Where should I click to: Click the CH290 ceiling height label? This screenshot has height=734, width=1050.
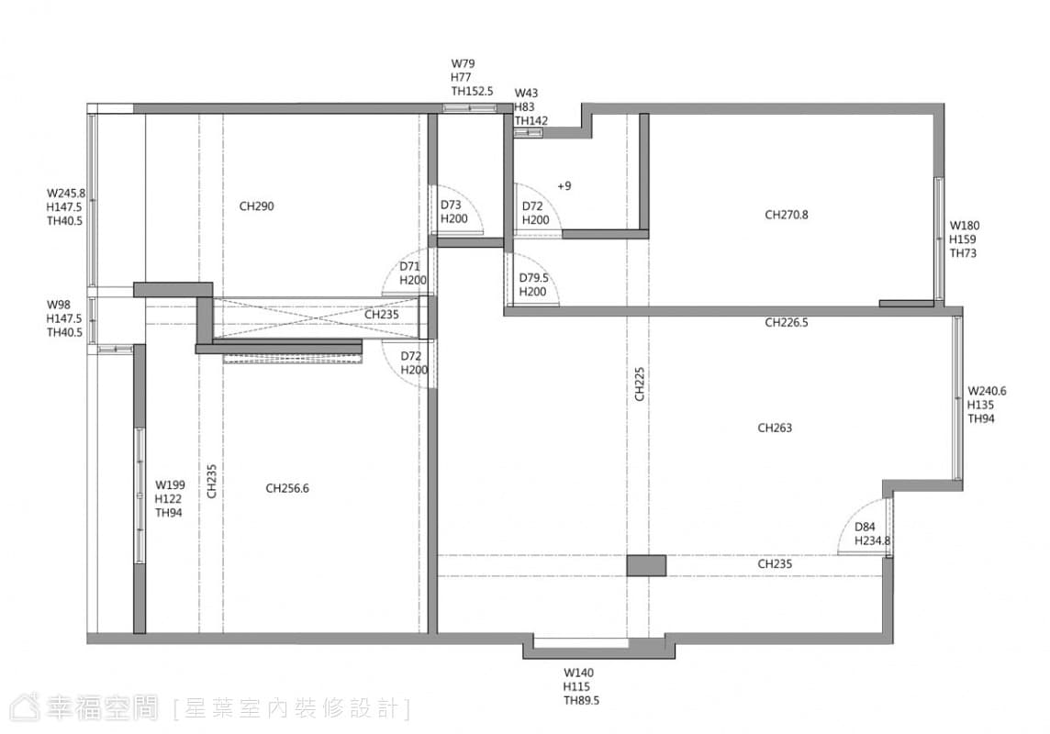(x=256, y=206)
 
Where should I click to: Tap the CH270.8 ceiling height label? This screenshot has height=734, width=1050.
(x=787, y=215)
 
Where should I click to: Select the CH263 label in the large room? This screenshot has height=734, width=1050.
(x=775, y=428)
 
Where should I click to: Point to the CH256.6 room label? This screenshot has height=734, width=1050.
(x=287, y=488)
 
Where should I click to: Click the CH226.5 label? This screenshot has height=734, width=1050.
(x=787, y=323)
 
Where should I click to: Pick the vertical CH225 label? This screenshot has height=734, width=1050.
(x=640, y=384)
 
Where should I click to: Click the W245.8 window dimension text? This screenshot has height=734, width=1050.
(x=66, y=194)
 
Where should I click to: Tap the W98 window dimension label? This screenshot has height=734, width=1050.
(x=58, y=305)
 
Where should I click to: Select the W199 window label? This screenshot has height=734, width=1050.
(x=170, y=485)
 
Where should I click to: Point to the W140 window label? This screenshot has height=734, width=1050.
(x=578, y=673)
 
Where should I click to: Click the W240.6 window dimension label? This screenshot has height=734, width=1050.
(x=987, y=391)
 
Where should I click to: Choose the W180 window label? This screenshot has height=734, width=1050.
(x=965, y=226)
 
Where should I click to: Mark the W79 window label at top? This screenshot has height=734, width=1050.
(x=463, y=63)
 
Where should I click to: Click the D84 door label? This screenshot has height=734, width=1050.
(x=865, y=527)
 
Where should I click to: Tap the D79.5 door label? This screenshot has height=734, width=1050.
(x=533, y=278)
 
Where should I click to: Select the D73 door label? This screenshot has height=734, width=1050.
(x=451, y=205)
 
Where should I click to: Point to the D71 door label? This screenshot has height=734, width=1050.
(x=410, y=266)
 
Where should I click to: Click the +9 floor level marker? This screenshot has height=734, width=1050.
(x=564, y=186)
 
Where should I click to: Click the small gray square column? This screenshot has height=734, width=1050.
(x=646, y=565)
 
